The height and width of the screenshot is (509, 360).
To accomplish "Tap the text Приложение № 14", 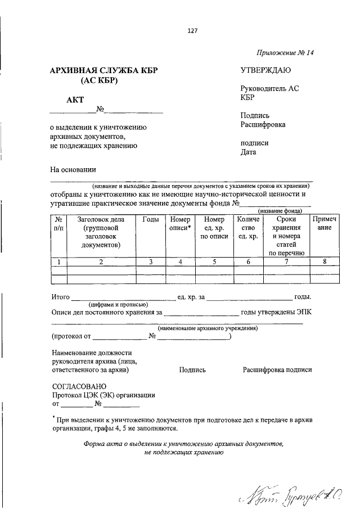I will coord(285,53).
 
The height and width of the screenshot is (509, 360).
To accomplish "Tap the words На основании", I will coord(73,169).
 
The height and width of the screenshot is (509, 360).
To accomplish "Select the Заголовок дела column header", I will coord(101,232).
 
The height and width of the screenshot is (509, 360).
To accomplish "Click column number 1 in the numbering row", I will coord(59,262).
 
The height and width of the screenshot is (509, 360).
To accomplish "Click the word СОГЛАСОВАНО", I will coord(79,386).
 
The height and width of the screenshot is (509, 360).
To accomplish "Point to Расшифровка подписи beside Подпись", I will coord(277,370).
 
